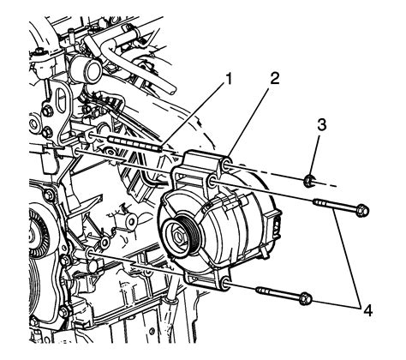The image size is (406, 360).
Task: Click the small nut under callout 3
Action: click(x=308, y=181)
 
